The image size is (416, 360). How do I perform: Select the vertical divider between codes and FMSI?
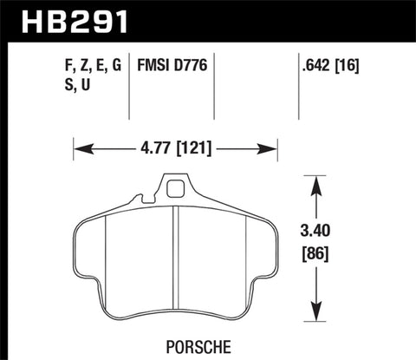click(x=129, y=87)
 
